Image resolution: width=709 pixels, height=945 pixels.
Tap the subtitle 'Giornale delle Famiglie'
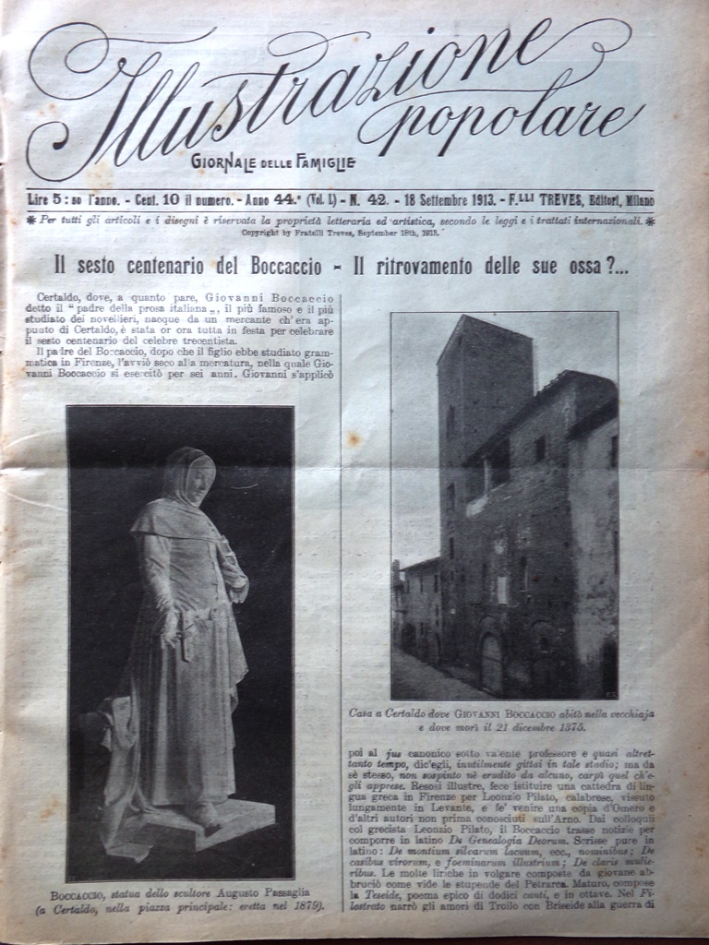point(273,163)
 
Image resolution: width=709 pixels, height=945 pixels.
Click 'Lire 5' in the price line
point(43,200)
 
